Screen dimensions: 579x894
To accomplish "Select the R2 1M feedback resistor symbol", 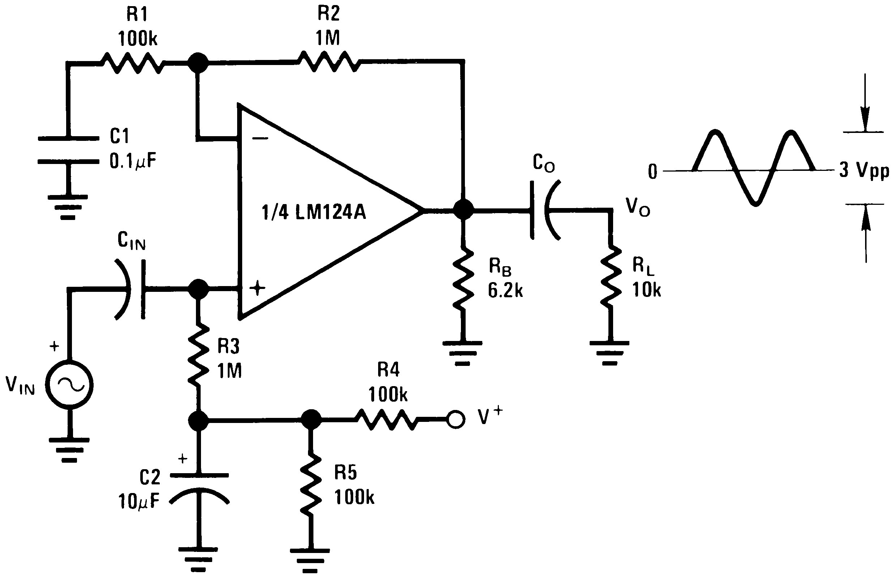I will [329, 61].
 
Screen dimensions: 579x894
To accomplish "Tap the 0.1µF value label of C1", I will [133, 162].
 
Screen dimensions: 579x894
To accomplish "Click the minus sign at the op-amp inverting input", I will [260, 138].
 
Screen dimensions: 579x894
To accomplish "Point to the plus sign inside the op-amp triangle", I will [257, 288].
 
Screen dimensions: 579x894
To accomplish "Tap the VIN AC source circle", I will [69, 385].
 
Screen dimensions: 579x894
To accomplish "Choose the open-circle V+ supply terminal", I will [455, 419].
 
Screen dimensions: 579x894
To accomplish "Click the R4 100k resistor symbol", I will [386, 419].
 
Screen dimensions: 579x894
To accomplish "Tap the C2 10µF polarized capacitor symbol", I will [199, 488].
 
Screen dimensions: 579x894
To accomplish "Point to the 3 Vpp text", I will [864, 171].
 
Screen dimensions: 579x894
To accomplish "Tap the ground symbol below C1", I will [68, 206].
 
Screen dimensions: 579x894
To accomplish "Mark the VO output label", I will [637, 207].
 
